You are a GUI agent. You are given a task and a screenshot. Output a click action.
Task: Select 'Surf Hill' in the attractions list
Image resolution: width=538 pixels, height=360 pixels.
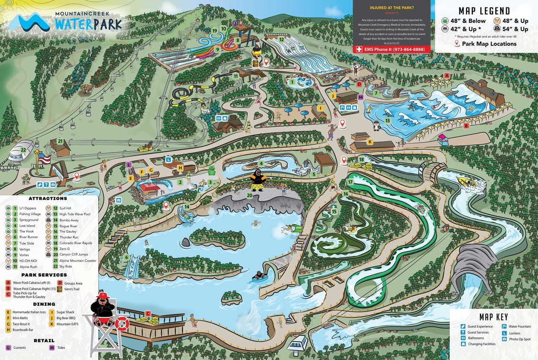[65, 208]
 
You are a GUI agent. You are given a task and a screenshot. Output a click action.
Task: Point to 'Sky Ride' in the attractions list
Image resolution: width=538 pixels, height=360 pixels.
[66, 267]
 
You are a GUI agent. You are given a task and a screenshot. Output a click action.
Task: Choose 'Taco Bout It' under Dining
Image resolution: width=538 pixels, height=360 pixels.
[21, 324]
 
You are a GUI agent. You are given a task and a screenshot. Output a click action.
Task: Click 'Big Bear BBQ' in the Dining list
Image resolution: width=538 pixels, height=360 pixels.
[66, 318]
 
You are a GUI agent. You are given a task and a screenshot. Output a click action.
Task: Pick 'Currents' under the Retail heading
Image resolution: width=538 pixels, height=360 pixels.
[20, 348]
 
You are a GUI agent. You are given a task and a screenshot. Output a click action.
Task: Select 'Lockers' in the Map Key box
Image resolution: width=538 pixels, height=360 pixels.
[515, 333]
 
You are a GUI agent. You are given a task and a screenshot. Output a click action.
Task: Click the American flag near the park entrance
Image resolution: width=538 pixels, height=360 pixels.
[44, 159]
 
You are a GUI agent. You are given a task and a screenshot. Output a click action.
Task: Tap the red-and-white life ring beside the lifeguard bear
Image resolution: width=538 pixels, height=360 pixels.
[122, 323]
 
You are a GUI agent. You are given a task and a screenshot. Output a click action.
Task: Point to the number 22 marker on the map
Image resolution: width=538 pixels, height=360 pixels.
[23, 150]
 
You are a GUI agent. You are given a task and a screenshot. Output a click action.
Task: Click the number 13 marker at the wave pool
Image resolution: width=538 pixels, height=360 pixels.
[388, 120]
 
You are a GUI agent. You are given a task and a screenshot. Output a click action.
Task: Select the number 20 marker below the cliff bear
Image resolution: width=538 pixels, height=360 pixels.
[249, 195]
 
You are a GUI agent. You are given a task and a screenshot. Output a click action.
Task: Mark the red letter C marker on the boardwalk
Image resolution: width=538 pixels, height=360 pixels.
[148, 314]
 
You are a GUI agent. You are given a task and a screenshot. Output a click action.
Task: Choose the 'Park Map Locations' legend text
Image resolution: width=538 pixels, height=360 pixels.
[489, 44]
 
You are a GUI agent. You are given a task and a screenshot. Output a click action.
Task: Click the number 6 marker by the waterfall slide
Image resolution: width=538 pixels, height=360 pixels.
[126, 257]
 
